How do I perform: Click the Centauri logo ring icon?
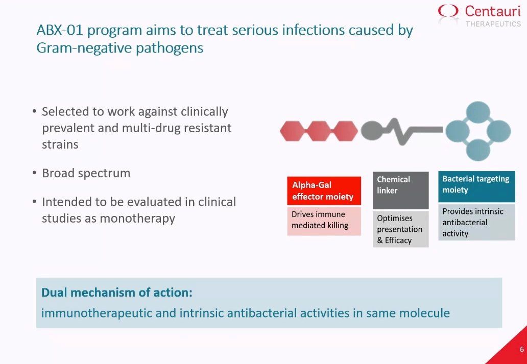[448, 11]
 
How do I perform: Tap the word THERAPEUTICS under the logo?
[493, 24]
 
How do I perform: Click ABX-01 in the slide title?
[60, 30]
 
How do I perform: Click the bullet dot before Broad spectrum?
[34, 173]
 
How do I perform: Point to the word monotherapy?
[137, 219]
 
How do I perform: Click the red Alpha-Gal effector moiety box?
[324, 190]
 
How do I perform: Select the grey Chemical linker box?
[401, 190]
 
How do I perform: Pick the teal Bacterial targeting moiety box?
[476, 186]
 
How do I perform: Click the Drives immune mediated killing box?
[324, 221]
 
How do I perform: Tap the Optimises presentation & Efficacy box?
[401, 229]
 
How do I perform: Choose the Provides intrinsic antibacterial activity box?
[476, 222]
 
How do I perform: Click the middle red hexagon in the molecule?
[319, 131]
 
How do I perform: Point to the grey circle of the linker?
[372, 130]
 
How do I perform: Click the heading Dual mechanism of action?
[117, 293]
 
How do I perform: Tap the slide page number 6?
[521, 349]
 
